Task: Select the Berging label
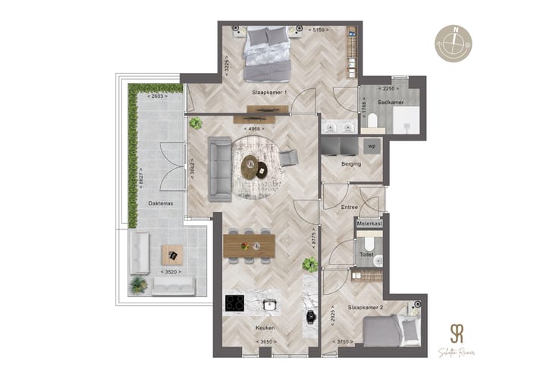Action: (x=351, y=164)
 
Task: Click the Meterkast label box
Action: (x=369, y=223)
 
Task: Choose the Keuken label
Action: (x=265, y=328)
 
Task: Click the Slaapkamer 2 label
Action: (x=365, y=306)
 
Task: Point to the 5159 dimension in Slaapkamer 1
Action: (x=318, y=30)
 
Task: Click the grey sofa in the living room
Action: (x=220, y=169)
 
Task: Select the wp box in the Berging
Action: (x=372, y=145)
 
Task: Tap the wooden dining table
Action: (x=249, y=244)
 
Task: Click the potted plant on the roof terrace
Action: (x=139, y=285)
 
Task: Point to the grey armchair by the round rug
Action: (x=289, y=158)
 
